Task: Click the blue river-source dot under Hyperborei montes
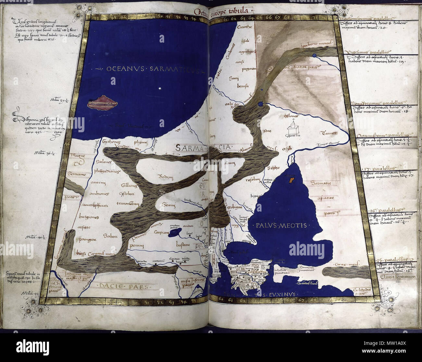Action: [314, 56]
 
